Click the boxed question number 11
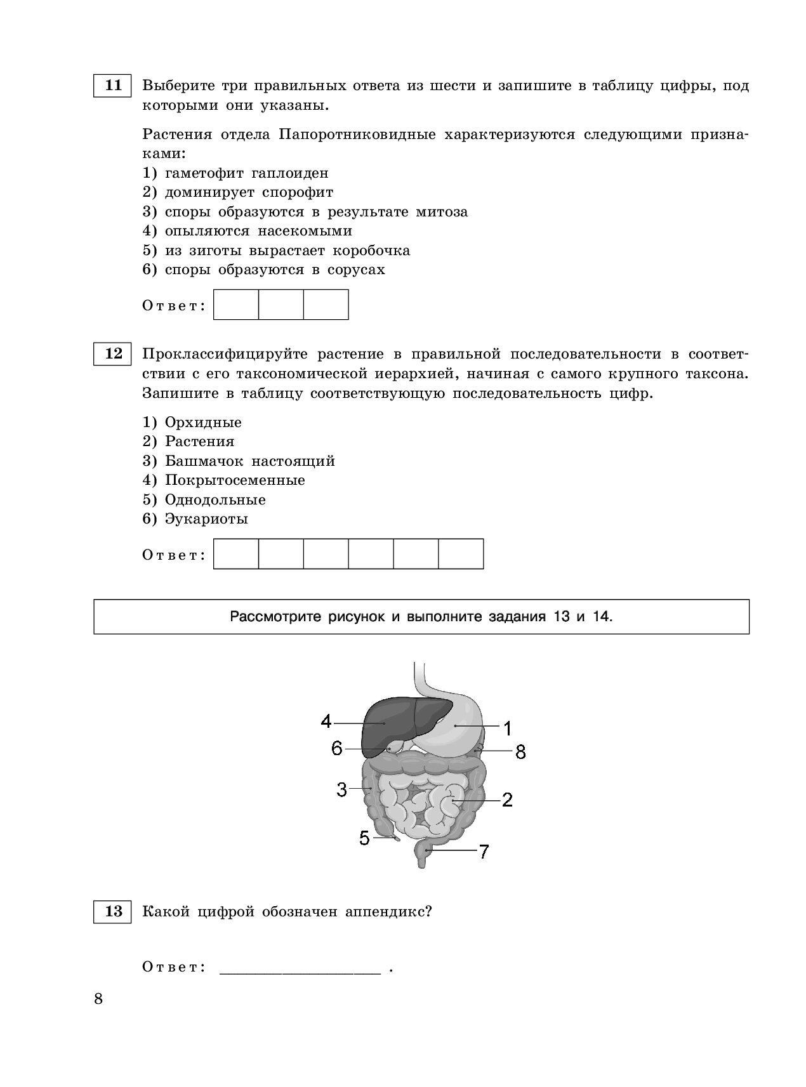click(112, 86)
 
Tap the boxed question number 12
click(112, 353)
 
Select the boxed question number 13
click(112, 912)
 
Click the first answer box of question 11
click(236, 305)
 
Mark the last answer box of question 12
click(461, 554)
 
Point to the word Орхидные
click(203, 423)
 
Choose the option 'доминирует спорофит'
click(249, 192)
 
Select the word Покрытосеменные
click(235, 480)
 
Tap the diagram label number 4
click(326, 721)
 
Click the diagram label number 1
click(507, 727)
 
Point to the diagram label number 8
click(520, 753)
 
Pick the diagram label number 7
click(484, 852)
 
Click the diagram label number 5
click(364, 838)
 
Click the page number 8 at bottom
click(98, 999)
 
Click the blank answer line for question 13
click(300, 969)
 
